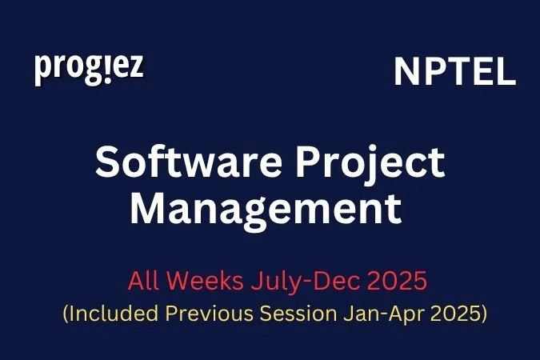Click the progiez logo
tap(89, 69)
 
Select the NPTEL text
tap(454, 73)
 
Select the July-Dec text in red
tap(293, 282)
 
